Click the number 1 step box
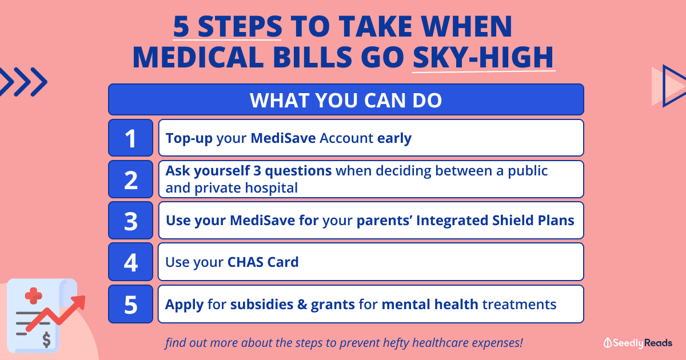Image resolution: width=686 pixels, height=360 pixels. tap(130, 138)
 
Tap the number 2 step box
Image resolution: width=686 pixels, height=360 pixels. tap(130, 179)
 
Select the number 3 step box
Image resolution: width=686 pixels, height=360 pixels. tap(130, 221)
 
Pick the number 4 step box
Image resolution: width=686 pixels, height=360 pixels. tap(130, 262)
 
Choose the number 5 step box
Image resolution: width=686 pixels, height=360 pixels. tap(130, 304)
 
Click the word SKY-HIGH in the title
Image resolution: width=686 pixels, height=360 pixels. tap(483, 57)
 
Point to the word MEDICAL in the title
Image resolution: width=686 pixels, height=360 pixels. tap(198, 57)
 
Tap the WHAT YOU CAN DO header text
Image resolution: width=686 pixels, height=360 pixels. tap(346, 100)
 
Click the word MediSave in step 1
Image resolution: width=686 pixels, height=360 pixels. tap(283, 138)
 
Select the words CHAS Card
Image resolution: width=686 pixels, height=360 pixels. tap(263, 262)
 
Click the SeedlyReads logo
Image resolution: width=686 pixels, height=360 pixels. tap(637, 343)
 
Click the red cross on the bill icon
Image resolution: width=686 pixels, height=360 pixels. tap(33, 296)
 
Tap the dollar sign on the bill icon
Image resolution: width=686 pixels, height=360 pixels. tap(46, 339)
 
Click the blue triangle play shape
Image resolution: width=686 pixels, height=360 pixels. tap(674, 86)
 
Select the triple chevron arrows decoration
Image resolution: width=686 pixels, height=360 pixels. tap(23, 82)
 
